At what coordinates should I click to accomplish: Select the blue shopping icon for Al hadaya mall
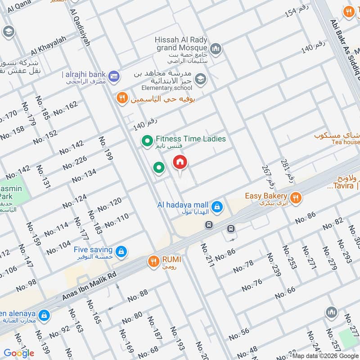coord(217,207)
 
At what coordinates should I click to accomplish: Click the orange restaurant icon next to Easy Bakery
coord(295,197)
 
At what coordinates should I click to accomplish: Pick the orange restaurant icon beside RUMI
coord(153,260)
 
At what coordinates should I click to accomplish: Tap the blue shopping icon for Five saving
coord(121,252)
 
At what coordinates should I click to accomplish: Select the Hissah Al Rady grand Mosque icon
coord(216,49)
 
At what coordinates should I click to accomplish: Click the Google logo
coord(19,353)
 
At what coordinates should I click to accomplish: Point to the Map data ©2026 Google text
coord(325,356)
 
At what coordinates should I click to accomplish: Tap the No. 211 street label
coord(207,255)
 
